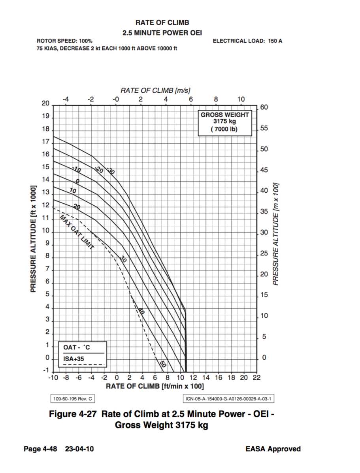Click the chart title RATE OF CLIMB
[x=162, y=23]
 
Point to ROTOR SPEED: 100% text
[x=64, y=41]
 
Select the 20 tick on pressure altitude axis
[x=45, y=104]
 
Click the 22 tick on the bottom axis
[x=256, y=378]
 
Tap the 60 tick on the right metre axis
[x=264, y=108]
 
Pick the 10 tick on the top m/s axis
[x=241, y=99]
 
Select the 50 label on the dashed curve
[x=162, y=364]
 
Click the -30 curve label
[x=110, y=171]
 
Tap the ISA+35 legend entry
[x=74, y=359]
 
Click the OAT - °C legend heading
[x=77, y=347]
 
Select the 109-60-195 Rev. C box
[x=72, y=399]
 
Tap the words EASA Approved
[x=273, y=449]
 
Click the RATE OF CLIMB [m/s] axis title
[x=150, y=90]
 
